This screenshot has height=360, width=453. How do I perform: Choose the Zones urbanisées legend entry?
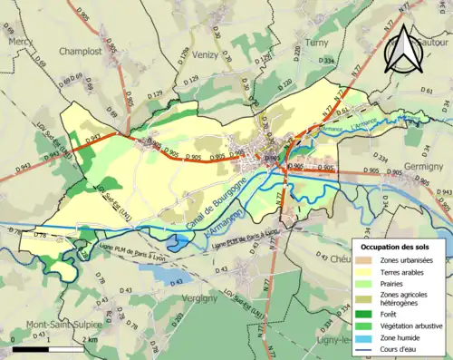(403, 261)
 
